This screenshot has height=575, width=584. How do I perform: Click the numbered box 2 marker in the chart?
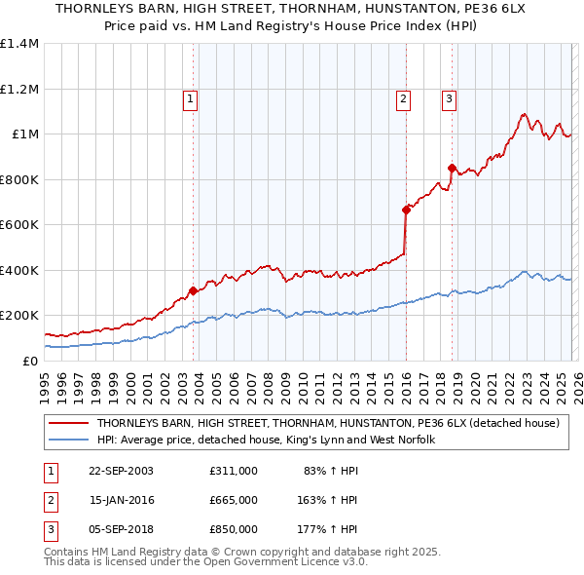tap(403, 97)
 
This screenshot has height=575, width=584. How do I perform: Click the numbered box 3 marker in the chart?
tap(449, 97)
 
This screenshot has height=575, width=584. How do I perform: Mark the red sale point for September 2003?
tap(194, 290)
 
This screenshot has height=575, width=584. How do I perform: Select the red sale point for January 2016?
tap(406, 210)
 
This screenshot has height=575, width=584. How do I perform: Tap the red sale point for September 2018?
tap(452, 168)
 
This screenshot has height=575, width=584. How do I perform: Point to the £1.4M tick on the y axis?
tap(18, 44)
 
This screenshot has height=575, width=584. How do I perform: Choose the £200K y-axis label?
tap(18, 316)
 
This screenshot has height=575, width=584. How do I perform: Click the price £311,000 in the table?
tap(233, 471)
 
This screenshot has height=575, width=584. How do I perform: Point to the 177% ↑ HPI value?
tap(328, 529)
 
